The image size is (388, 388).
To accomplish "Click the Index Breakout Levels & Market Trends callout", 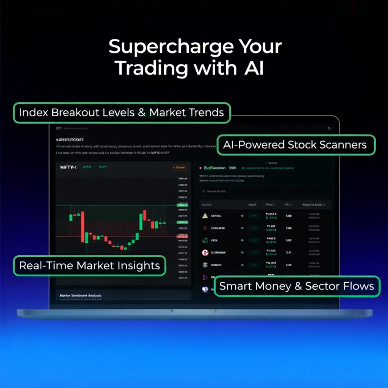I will tap(122, 113).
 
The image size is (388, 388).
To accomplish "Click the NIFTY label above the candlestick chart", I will tap(68, 167).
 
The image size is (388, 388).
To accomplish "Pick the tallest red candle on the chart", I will tap(82, 227).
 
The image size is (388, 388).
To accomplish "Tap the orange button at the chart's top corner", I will tap(178, 167).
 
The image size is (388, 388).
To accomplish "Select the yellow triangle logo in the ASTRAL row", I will tap(205, 216).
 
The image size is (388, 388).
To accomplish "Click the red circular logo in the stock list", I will tap(205, 253).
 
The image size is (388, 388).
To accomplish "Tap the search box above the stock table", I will tap(265, 191).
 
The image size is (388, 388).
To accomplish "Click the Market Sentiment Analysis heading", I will tap(81, 295).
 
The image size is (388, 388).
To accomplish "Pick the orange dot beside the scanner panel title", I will tap(200, 168).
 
